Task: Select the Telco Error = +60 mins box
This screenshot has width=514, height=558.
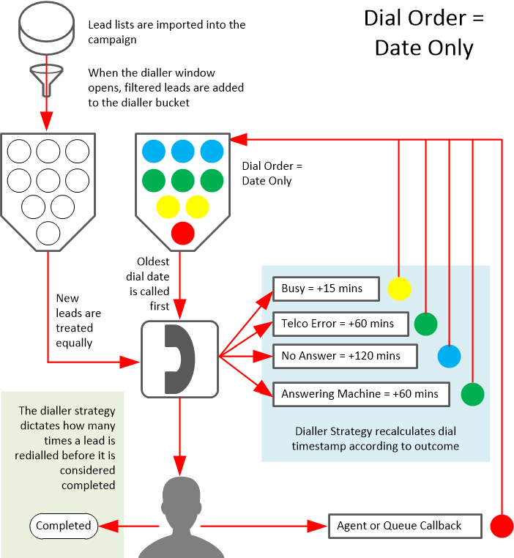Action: click(337, 323)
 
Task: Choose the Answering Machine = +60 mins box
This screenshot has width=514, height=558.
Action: click(360, 394)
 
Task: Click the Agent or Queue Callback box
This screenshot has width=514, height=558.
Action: click(405, 526)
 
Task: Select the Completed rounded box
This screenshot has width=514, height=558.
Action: click(64, 525)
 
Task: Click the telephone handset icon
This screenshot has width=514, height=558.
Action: click(179, 359)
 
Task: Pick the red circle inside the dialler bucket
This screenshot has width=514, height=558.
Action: click(182, 234)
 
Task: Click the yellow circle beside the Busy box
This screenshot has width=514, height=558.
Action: click(399, 289)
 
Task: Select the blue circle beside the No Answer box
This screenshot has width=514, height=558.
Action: click(449, 357)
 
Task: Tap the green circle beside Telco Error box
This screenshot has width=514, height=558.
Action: click(425, 323)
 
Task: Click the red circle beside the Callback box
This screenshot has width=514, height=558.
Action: click(502, 526)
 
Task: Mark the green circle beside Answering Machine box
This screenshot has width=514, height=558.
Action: click(472, 394)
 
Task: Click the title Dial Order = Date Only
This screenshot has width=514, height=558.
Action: click(424, 33)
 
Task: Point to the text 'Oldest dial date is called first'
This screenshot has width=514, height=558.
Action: click(153, 283)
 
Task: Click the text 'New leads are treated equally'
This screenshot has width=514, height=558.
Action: click(78, 321)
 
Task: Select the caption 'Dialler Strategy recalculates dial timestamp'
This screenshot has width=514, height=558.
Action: click(376, 439)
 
